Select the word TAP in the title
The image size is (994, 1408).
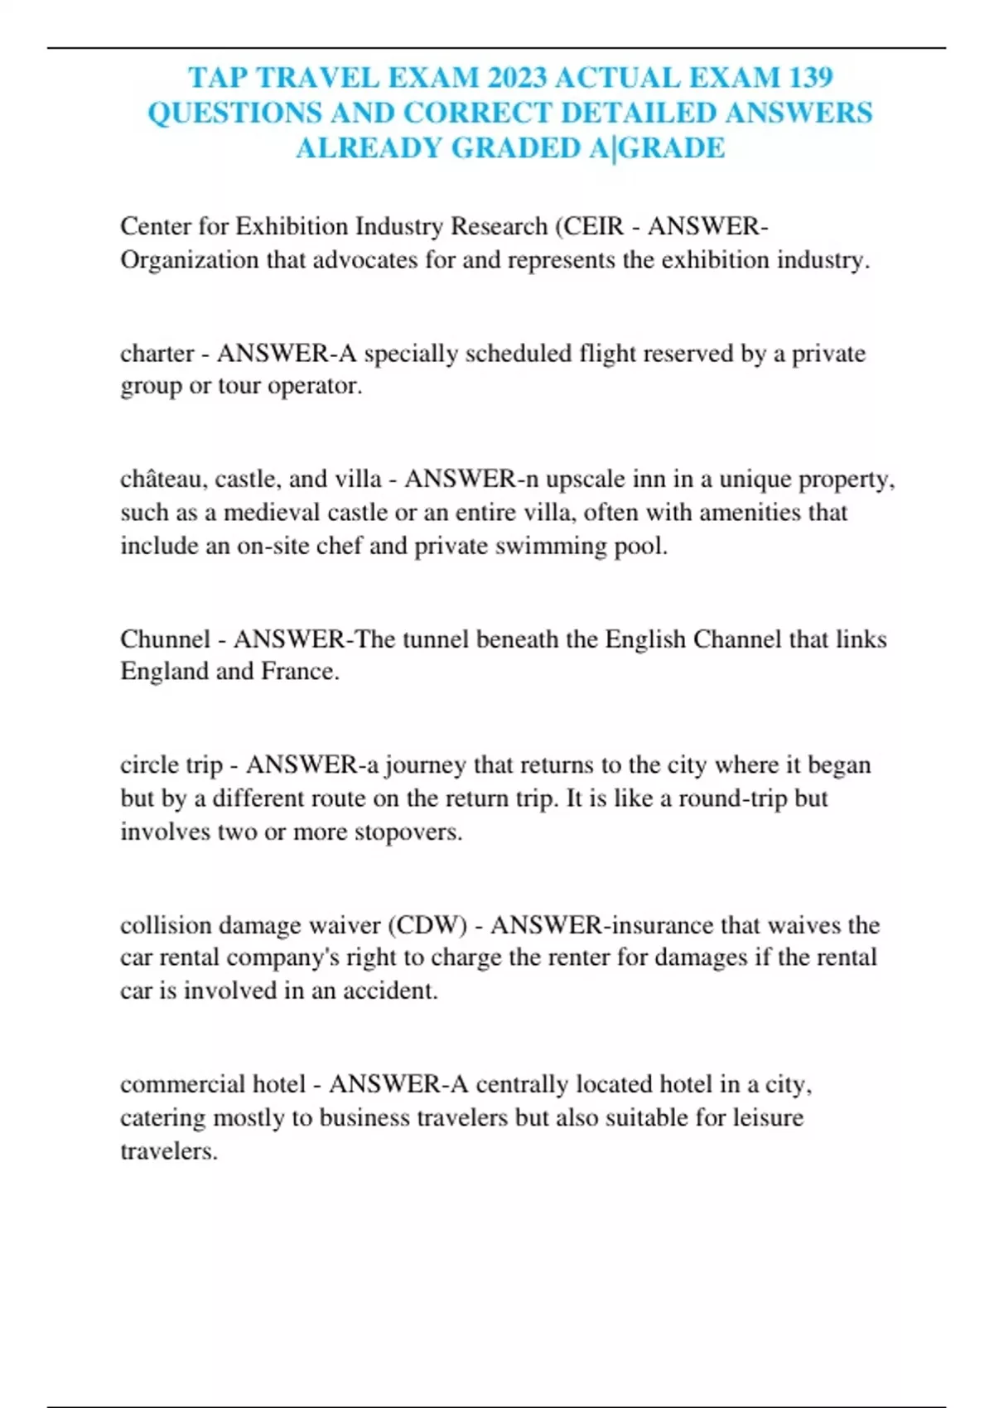[219, 77]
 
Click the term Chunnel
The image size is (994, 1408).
[165, 639]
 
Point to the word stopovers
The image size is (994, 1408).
[408, 832]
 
